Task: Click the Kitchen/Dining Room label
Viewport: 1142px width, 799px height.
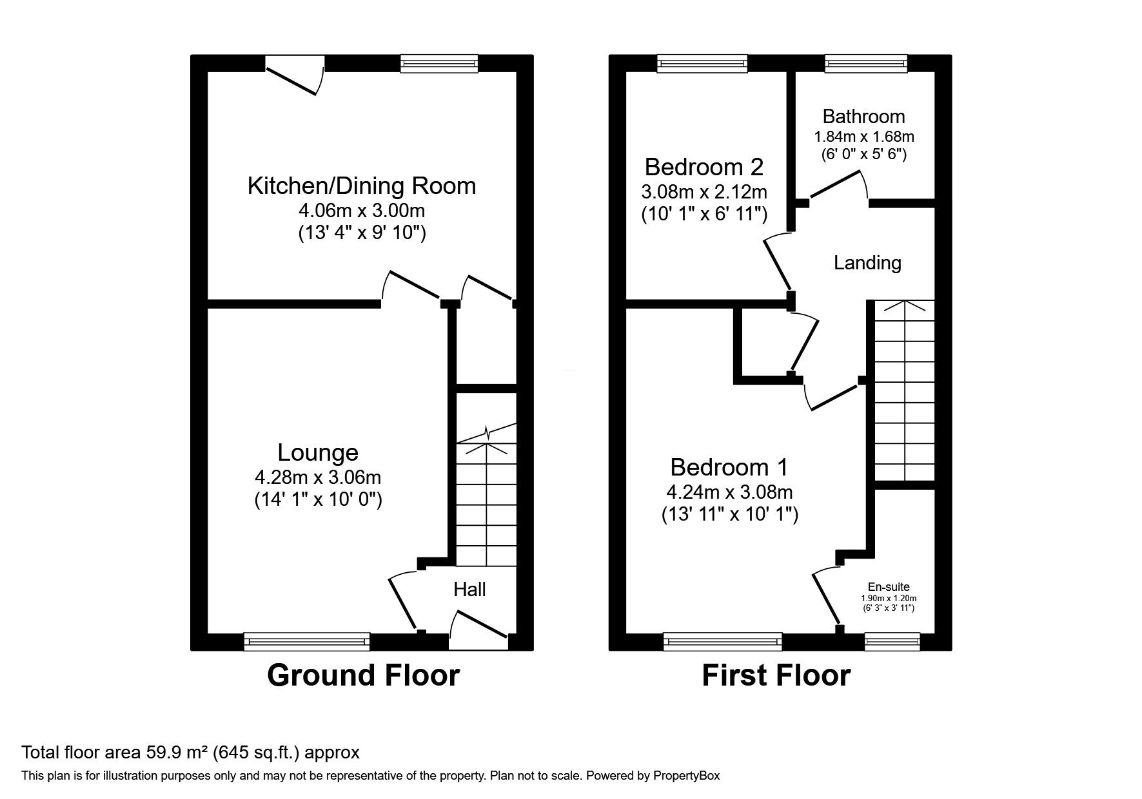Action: click(x=361, y=186)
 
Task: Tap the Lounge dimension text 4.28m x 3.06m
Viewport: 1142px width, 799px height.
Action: click(x=318, y=477)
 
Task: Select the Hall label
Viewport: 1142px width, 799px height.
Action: click(x=469, y=589)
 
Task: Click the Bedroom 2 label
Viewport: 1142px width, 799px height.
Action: click(x=704, y=167)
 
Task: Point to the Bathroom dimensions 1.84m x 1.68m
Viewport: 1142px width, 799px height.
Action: click(x=864, y=137)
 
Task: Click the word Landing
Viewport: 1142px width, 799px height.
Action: click(x=867, y=263)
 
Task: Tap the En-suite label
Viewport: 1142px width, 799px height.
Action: click(x=889, y=587)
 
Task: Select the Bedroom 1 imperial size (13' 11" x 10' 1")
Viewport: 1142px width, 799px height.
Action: click(x=729, y=514)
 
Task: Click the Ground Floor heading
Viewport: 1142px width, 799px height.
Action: click(x=363, y=675)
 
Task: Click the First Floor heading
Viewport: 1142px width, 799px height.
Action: click(x=776, y=675)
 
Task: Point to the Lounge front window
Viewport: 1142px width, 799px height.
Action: click(x=307, y=641)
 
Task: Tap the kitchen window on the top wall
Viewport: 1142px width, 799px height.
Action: click(x=439, y=63)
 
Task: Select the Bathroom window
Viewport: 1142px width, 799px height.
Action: click(x=866, y=63)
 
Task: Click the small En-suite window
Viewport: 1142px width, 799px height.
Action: click(x=892, y=641)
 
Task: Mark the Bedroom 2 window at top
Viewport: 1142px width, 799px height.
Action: click(x=703, y=63)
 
